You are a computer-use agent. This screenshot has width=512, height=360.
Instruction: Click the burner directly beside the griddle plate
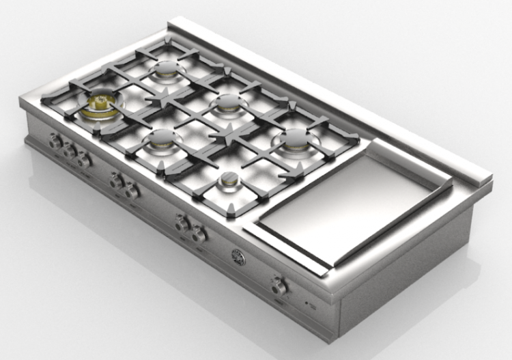pyautogui.click(x=294, y=139)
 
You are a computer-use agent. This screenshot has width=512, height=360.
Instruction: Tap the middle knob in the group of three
pyautogui.click(x=69, y=152)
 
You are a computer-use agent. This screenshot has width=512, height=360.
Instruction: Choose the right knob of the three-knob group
pyautogui.click(x=84, y=161)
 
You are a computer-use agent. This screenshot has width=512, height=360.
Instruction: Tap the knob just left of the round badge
pyautogui.click(x=199, y=235)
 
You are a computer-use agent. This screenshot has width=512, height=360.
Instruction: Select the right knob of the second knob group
pyautogui.click(x=132, y=190)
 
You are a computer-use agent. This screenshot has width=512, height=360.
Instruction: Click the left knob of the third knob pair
pyautogui.click(x=182, y=223)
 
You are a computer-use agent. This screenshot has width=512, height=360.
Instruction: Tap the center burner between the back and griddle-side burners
pyautogui.click(x=226, y=102)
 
